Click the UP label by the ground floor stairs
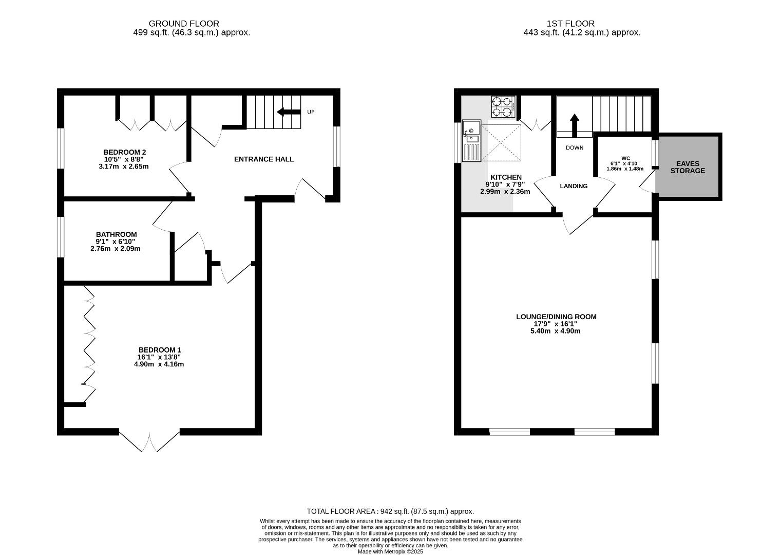point(311,112)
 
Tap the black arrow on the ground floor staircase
point(289,112)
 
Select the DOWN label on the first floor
point(575,147)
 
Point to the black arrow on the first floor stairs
point(575,125)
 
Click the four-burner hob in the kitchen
point(503,106)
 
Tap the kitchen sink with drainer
point(471,141)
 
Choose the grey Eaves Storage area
point(688,167)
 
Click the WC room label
point(626,158)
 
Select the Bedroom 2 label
point(124,152)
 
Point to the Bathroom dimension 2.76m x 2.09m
point(116,249)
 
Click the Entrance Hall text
point(264,159)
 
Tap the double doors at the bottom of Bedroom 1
point(149,441)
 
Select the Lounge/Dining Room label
point(557,317)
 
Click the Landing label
point(574,186)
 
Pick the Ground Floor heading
point(184,24)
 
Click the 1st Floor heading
point(571,24)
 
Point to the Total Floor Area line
point(390,511)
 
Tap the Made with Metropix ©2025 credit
point(390,551)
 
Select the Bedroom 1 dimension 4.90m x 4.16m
point(159,364)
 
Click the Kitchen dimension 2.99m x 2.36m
point(505,192)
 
